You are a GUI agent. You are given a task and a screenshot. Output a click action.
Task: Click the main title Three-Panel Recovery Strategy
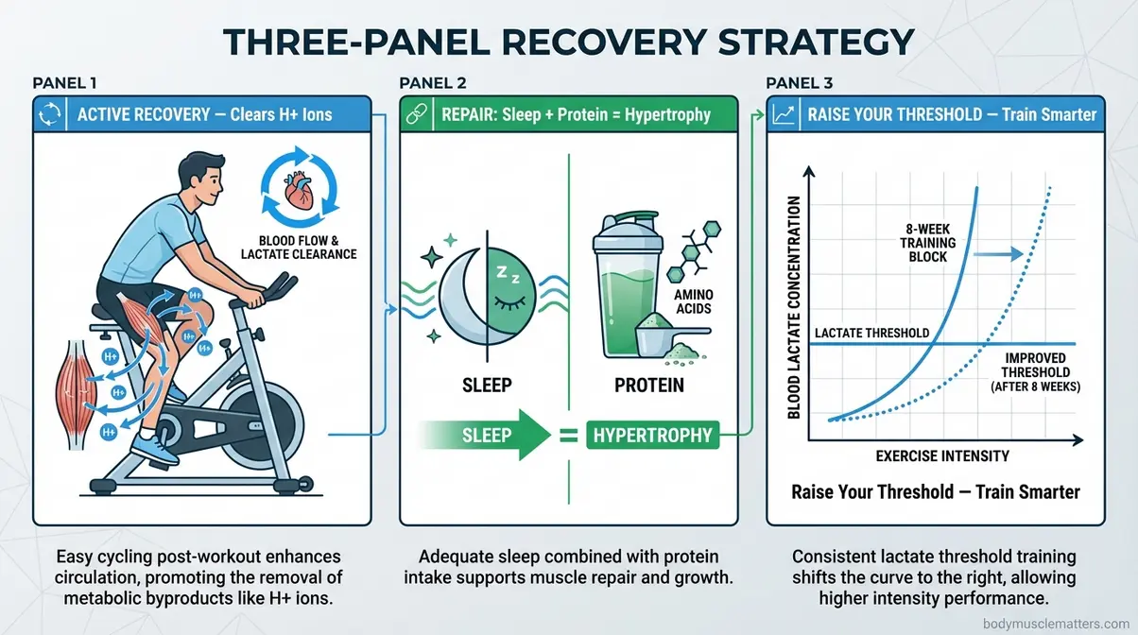569,42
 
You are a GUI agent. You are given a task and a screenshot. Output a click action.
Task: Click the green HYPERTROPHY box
651,436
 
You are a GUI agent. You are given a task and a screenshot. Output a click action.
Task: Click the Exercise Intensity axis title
941,456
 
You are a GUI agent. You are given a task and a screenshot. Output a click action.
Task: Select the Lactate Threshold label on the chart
871,333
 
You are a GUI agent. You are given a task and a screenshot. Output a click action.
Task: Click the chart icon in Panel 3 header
783,115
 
